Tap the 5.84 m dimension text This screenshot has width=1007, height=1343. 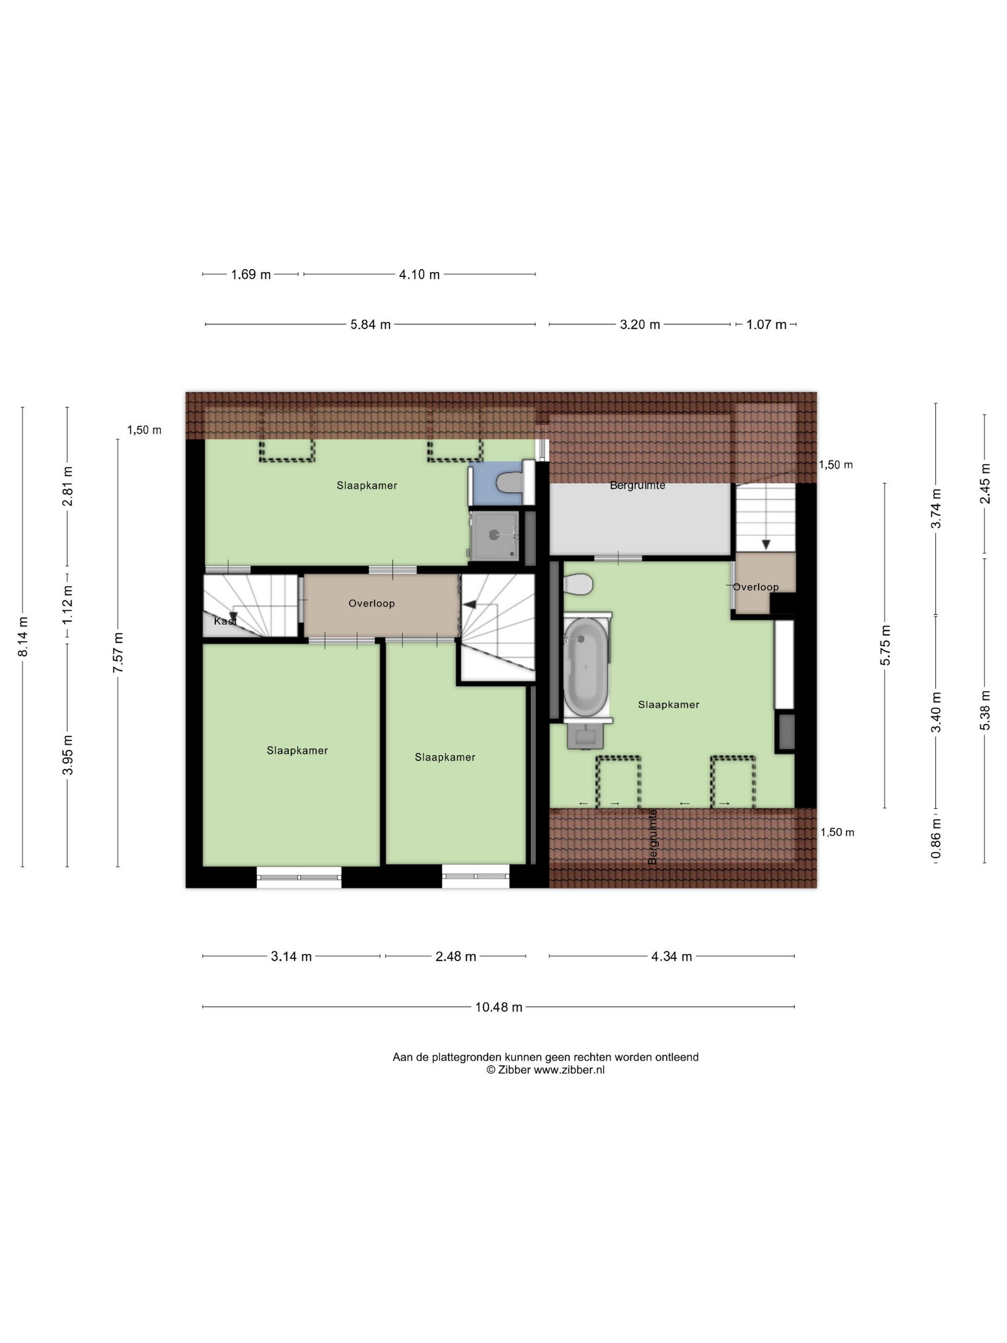coord(370,325)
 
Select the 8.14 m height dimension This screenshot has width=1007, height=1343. coord(23,637)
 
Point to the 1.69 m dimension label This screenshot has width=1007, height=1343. coord(251,274)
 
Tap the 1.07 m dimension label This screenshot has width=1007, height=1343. coord(766,325)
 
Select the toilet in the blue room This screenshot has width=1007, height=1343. coord(509,483)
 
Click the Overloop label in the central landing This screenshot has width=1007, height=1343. coord(372,603)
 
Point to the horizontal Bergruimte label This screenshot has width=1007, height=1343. coord(637,486)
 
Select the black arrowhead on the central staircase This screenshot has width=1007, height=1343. coord(469,604)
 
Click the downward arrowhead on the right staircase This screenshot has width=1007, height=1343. coord(766,544)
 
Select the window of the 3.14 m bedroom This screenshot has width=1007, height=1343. coord(299,877)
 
